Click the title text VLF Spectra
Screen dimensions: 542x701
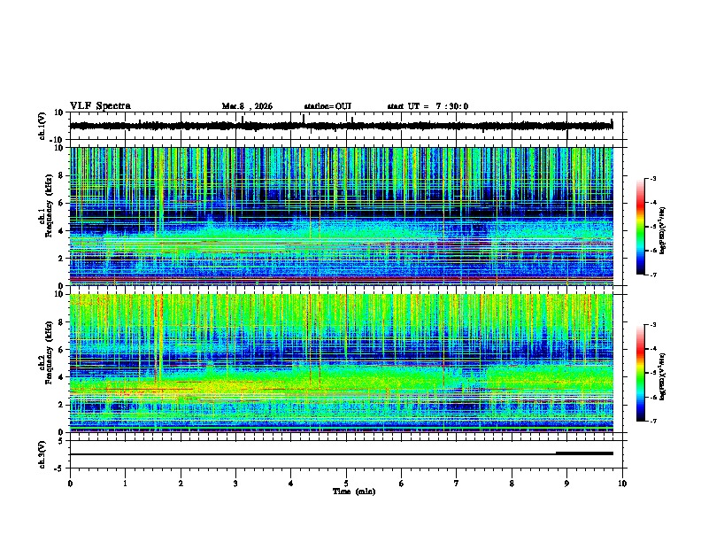(100, 106)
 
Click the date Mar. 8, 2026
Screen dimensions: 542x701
(247, 106)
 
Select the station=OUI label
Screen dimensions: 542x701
(327, 106)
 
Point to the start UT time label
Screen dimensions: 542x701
(428, 106)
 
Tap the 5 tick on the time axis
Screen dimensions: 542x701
(346, 483)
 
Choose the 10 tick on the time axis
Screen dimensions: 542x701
(622, 483)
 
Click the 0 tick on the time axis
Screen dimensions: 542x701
(70, 483)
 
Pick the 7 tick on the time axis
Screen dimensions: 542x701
(457, 483)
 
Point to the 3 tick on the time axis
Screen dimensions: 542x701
(235, 483)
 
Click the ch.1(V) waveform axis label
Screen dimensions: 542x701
(42, 126)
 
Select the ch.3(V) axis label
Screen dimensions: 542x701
(42, 453)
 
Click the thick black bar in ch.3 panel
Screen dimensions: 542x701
(584, 453)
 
